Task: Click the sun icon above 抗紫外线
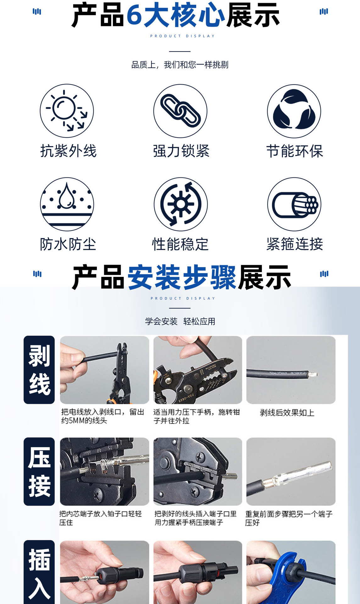click(67, 111)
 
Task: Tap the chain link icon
click(180, 111)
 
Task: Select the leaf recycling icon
click(294, 111)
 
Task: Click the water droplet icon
click(67, 204)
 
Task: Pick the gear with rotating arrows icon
click(180, 204)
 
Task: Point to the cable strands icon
click(294, 204)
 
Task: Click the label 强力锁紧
click(181, 151)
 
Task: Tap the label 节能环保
click(295, 151)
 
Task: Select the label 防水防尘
click(68, 244)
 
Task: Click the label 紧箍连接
click(295, 244)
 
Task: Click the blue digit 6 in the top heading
click(135, 15)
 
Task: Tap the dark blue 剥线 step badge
click(39, 370)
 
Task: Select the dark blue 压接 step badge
click(39, 471)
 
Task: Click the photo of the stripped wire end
click(291, 370)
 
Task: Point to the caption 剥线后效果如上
click(287, 413)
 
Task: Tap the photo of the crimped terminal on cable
click(291, 471)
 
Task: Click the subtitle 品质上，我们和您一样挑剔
click(180, 65)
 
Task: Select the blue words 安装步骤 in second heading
click(182, 277)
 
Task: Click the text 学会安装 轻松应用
click(180, 322)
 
